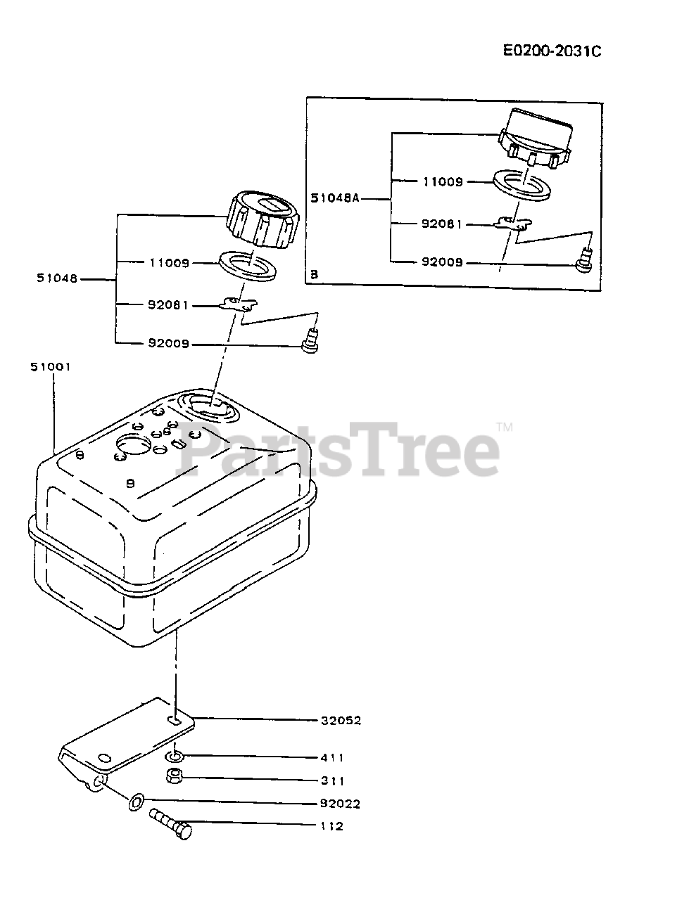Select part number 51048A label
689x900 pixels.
[335, 199]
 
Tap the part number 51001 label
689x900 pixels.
[51, 367]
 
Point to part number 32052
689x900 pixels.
[341, 720]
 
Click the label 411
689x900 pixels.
[331, 757]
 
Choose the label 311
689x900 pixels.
[331, 780]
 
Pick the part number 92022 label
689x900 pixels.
[341, 804]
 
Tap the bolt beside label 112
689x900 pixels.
[170, 823]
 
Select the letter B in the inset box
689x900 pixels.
[315, 275]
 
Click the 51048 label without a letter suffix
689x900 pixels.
[58, 278]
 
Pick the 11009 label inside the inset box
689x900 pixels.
[443, 181]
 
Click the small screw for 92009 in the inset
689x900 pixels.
[582, 263]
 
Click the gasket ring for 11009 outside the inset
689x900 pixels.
[248, 265]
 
